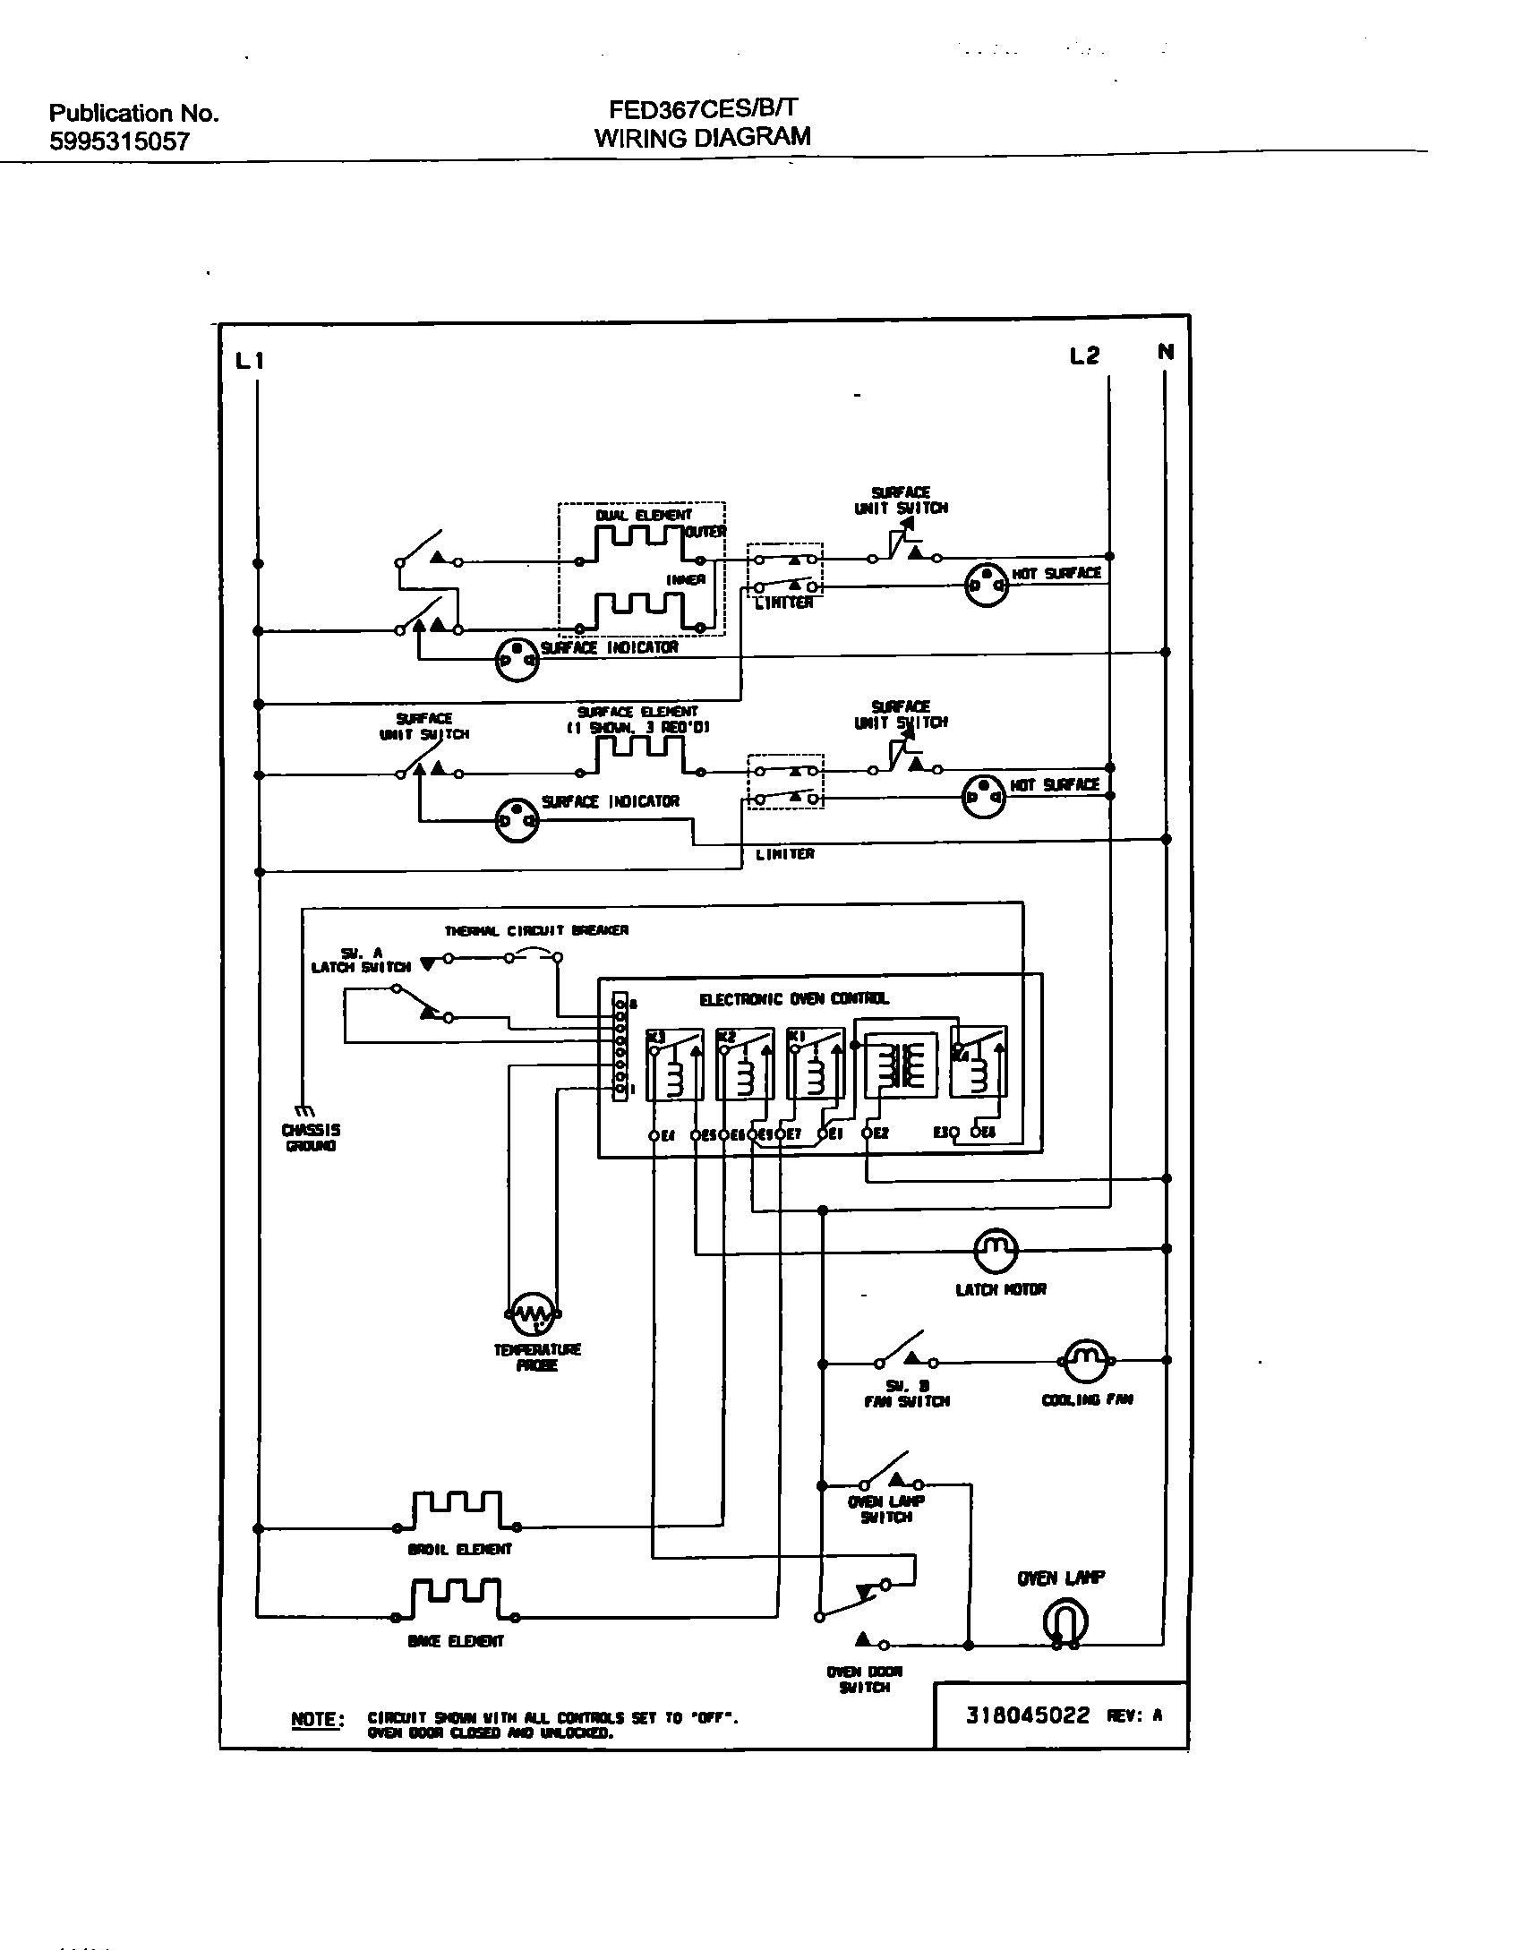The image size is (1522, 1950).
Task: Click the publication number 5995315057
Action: click(119, 141)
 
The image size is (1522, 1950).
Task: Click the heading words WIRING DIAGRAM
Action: click(703, 137)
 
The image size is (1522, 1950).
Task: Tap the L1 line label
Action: click(250, 361)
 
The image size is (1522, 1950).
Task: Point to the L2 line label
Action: click(1084, 356)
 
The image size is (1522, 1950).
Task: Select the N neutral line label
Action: click(1165, 352)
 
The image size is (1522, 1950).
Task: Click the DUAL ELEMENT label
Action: click(644, 516)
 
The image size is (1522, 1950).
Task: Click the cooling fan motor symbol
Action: click(1085, 1362)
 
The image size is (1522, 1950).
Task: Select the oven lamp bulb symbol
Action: click(1065, 1623)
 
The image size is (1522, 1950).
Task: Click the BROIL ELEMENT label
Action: click(459, 1549)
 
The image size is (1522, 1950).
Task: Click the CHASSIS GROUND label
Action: click(311, 1138)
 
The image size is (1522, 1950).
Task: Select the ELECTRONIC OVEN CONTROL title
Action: click(794, 999)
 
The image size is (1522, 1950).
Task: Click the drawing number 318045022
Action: click(1028, 1715)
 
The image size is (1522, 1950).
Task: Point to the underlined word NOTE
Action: click(316, 1719)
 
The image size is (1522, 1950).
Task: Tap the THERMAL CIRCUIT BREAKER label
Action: click(536, 930)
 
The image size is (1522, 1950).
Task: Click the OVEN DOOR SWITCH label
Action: click(864, 1679)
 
